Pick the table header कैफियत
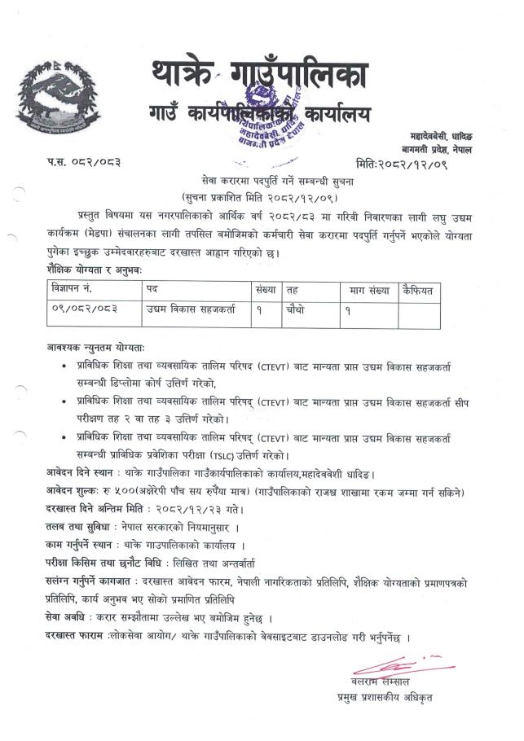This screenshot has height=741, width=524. (419, 290)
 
